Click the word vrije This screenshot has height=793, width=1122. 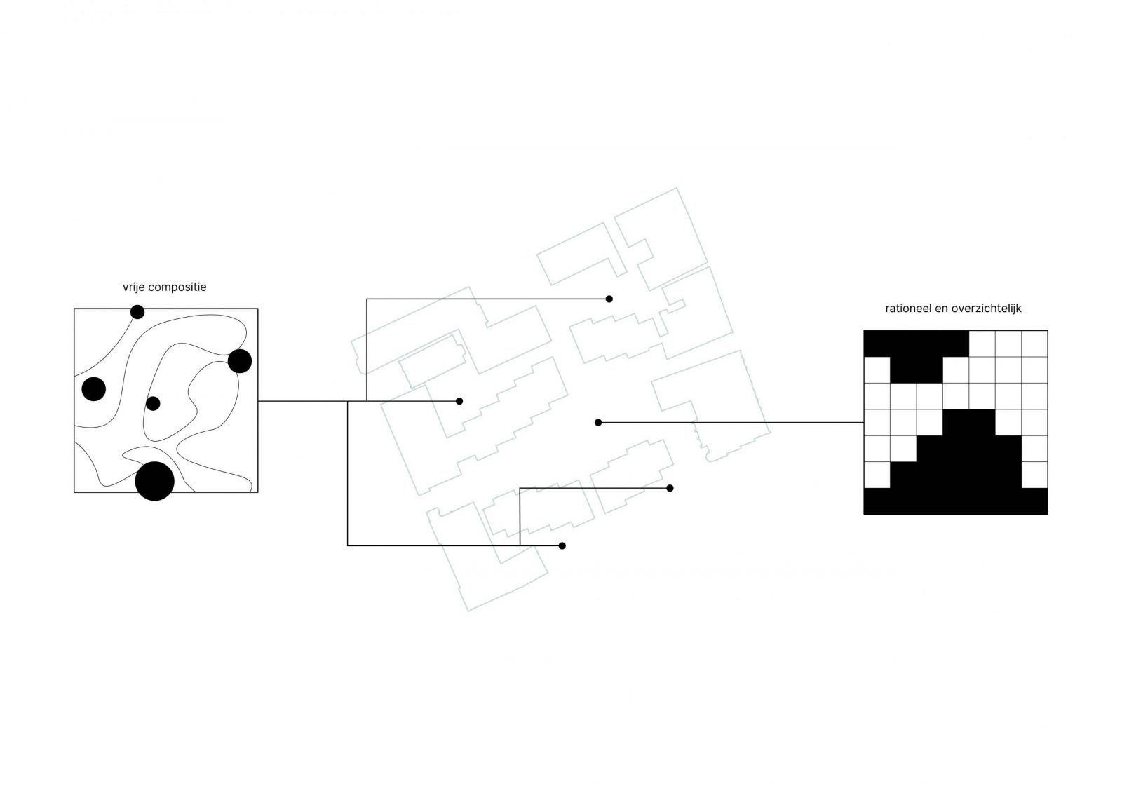pyautogui.click(x=134, y=287)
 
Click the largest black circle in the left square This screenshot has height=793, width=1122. pyautogui.click(x=155, y=482)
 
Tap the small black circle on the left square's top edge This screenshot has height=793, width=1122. pyautogui.click(x=137, y=312)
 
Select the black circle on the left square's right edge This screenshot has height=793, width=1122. pyautogui.click(x=240, y=361)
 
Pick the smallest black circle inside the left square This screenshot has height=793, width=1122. pyautogui.click(x=153, y=403)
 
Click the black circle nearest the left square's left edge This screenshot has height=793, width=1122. pyautogui.click(x=94, y=388)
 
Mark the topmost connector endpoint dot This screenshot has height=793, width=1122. pyautogui.click(x=609, y=299)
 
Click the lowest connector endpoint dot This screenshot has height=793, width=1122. pyautogui.click(x=562, y=545)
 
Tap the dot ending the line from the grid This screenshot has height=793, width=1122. pyautogui.click(x=598, y=423)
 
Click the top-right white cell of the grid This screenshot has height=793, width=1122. pyautogui.click(x=1034, y=344)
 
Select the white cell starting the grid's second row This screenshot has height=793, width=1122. pyautogui.click(x=877, y=370)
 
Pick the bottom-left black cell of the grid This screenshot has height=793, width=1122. pyautogui.click(x=877, y=501)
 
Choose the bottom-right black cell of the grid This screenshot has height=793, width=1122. pyautogui.click(x=1034, y=501)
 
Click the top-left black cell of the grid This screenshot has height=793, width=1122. pyautogui.click(x=877, y=344)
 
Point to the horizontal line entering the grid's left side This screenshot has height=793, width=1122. pyautogui.click(x=731, y=423)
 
